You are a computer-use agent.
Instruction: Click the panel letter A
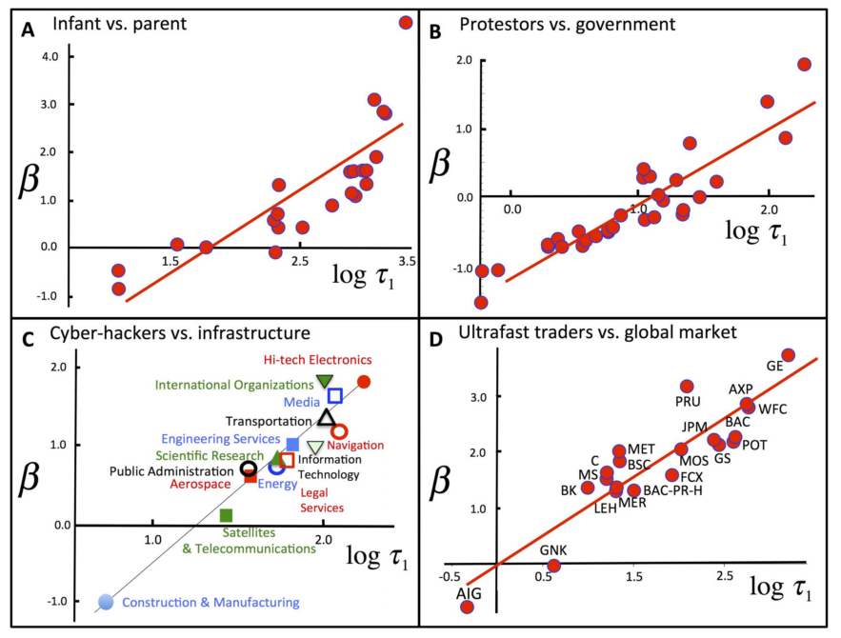(x=30, y=30)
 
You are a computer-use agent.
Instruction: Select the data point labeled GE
(x=788, y=355)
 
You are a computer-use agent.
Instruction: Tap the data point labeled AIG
(x=467, y=607)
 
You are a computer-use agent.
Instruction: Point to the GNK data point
(x=553, y=566)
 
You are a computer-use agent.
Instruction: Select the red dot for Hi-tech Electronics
(x=363, y=382)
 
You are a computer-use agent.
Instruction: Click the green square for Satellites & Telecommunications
(x=226, y=515)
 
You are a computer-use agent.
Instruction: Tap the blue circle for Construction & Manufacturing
(x=106, y=601)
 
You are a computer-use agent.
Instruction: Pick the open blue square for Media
(x=334, y=396)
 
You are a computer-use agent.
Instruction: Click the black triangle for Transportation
(x=326, y=417)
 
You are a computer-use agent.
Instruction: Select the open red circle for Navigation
(x=338, y=431)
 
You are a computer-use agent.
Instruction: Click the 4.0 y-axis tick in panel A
(x=47, y=56)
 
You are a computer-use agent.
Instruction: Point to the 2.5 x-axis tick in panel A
(x=299, y=261)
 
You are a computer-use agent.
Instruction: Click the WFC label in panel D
(x=771, y=409)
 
